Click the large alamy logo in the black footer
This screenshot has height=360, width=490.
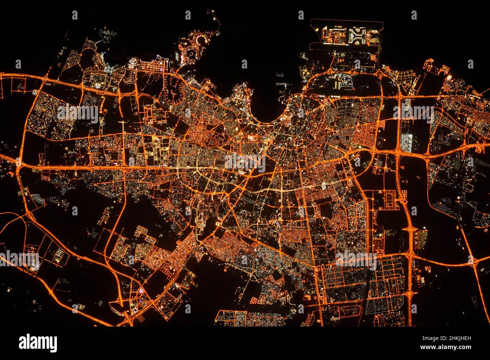pyautogui.click(x=38, y=343)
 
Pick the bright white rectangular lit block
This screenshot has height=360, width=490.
pyautogui.click(x=406, y=141)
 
